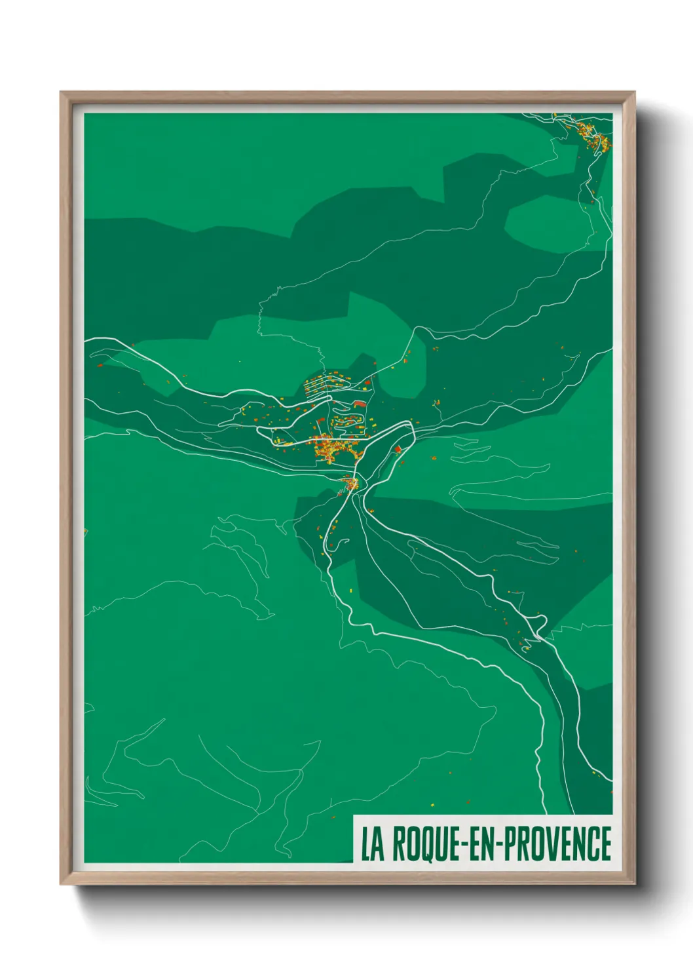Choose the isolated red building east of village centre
click(x=397, y=449)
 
